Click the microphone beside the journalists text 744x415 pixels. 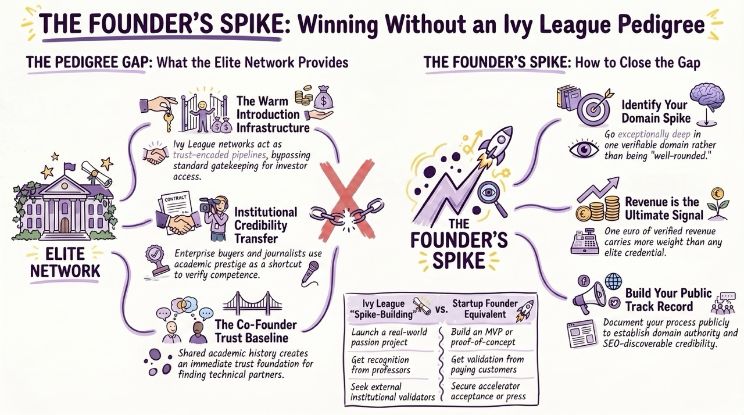(310, 274)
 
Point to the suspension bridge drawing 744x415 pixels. (252, 304)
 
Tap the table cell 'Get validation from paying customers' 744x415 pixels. (487, 364)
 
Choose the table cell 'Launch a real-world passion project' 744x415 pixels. (389, 337)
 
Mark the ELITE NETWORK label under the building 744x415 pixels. (65, 263)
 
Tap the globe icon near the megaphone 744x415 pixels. (613, 281)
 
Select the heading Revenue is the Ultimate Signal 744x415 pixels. (664, 209)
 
